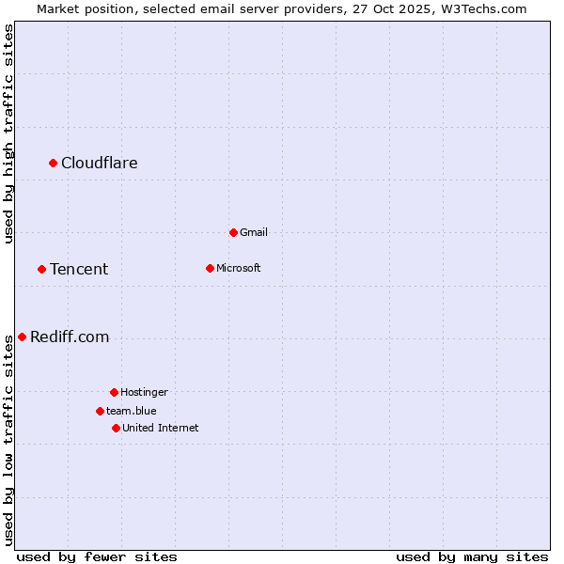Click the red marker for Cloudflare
(x=54, y=164)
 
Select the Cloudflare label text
(x=100, y=164)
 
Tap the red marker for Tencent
(x=41, y=270)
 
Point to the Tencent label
(x=79, y=270)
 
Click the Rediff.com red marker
(x=22, y=337)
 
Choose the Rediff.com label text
(x=70, y=337)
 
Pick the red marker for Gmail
(x=233, y=232)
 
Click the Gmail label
(x=254, y=232)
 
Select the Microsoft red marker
(x=210, y=268)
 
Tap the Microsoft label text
(x=239, y=268)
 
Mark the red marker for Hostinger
(x=114, y=392)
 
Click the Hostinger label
(x=144, y=392)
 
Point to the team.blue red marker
(x=100, y=411)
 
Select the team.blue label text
(x=132, y=411)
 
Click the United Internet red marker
(x=116, y=428)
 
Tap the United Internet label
(x=161, y=428)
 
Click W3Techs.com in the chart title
(x=485, y=8)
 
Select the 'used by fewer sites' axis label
(x=97, y=556)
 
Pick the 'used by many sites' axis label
(x=472, y=556)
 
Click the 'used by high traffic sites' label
(x=8, y=133)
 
